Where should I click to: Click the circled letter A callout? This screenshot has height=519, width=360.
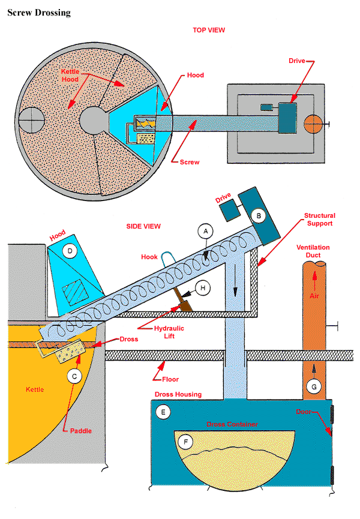[x=205, y=230]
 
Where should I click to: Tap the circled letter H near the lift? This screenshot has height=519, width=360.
[x=203, y=288]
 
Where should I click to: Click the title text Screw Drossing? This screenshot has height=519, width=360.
[x=38, y=13]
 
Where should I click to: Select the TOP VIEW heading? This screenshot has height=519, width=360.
[x=208, y=29]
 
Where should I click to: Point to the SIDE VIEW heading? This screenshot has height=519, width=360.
[x=143, y=226]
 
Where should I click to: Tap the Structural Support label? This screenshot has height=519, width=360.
[x=319, y=220]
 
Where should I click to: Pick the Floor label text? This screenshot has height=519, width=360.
[x=169, y=379]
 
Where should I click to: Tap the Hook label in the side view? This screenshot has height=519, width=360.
[x=149, y=257]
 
